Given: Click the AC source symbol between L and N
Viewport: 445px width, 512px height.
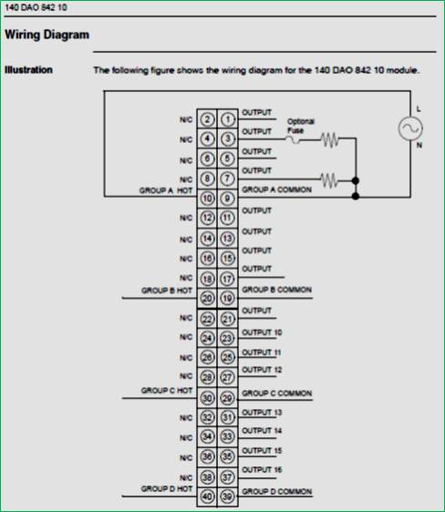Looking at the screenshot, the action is click(x=410, y=128).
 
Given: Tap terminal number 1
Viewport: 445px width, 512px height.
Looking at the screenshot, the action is click(x=228, y=119).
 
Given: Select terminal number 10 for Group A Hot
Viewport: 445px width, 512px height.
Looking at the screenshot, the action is click(x=207, y=199).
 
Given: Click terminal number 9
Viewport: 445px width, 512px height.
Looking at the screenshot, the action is click(x=228, y=199).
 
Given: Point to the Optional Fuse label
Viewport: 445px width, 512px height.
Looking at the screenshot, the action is click(x=301, y=126).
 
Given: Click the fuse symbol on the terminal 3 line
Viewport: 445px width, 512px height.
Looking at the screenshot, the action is click(x=293, y=140).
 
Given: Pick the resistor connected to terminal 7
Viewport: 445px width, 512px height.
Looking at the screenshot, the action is click(x=329, y=179).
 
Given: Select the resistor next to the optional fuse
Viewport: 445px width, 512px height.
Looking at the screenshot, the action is click(x=330, y=139).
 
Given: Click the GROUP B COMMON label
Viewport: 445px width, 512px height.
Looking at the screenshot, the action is click(x=276, y=290).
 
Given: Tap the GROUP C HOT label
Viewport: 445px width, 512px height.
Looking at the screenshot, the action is click(x=167, y=391).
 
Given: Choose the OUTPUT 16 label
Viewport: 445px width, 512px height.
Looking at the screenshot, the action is click(x=262, y=469).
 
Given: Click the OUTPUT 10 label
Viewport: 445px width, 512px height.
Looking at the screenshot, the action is click(x=262, y=333).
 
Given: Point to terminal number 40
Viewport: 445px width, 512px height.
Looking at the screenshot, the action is click(x=207, y=497).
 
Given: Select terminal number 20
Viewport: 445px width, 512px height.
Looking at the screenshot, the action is click(x=207, y=298).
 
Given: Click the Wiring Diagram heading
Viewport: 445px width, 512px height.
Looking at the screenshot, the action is click(x=47, y=35).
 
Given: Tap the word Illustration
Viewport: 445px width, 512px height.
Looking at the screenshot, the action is click(x=28, y=69).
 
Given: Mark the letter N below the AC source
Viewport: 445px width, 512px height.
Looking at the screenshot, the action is click(x=419, y=145).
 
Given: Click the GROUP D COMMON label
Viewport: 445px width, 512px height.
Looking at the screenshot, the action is click(x=276, y=491).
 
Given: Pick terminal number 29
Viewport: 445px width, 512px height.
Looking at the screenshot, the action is click(x=228, y=398).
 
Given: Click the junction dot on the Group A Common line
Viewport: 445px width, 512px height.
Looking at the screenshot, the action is click(x=356, y=196).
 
